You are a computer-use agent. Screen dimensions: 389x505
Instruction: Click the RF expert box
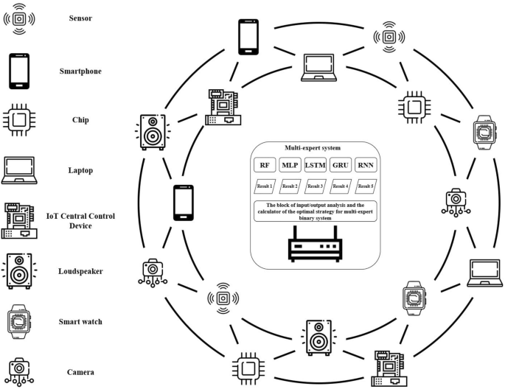(x=265, y=165)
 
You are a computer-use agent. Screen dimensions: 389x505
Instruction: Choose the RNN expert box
(x=365, y=165)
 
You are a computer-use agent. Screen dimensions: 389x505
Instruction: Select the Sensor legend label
(x=80, y=17)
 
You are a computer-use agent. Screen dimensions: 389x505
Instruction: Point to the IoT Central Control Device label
(x=91, y=220)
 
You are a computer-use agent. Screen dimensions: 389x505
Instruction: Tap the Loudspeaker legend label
(x=81, y=271)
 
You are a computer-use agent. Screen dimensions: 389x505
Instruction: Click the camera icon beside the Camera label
(x=18, y=371)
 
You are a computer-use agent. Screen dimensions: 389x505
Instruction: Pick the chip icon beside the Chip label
(x=18, y=119)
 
